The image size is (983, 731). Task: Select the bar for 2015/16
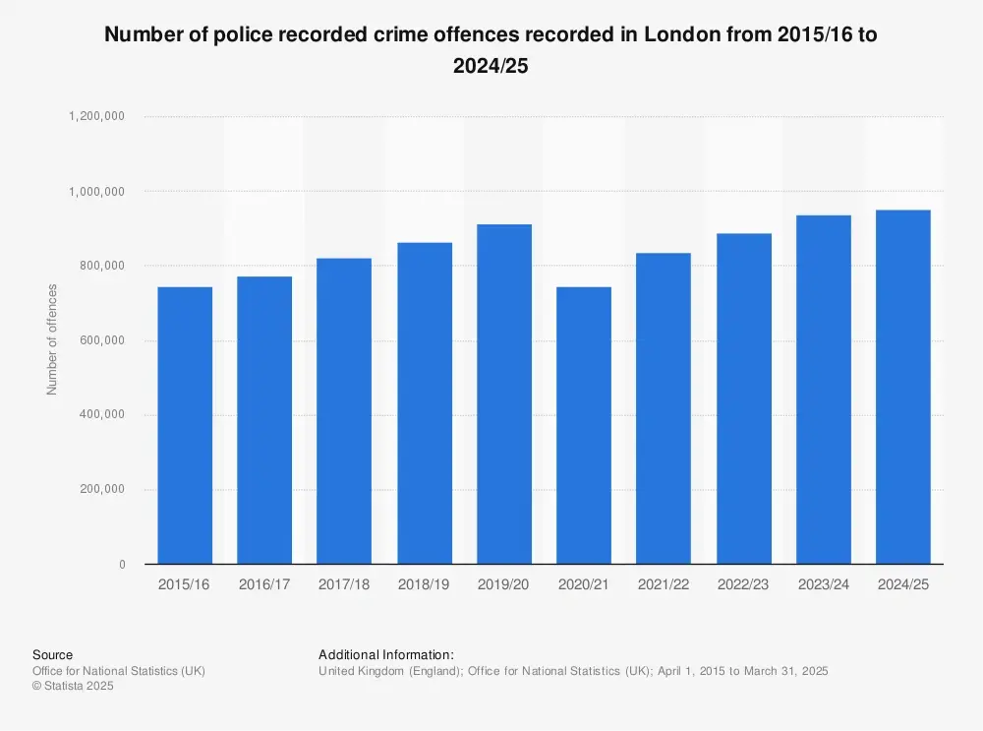(185, 425)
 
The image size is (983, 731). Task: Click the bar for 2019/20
(504, 394)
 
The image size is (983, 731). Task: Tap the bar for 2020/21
(584, 425)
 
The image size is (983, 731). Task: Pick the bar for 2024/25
(903, 387)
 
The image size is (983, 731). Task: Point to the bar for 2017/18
(344, 411)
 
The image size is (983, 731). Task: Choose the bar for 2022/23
(744, 398)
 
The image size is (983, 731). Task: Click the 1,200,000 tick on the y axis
(96, 116)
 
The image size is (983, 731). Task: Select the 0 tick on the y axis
(122, 565)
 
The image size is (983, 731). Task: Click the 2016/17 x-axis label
(264, 584)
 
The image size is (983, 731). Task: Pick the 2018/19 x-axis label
(425, 584)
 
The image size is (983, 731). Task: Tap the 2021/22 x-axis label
(664, 584)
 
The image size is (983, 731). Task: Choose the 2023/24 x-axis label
(824, 584)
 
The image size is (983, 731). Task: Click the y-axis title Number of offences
(53, 339)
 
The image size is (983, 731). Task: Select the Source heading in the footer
(52, 654)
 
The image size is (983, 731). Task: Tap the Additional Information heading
(386, 654)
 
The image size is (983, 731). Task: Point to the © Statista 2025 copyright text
(73, 687)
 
